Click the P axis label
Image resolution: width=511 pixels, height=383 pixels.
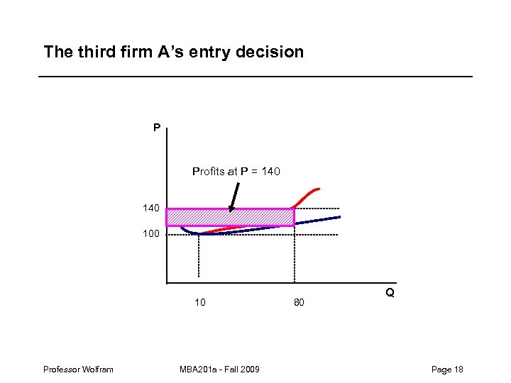click(x=156, y=128)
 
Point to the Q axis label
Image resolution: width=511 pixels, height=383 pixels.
click(x=390, y=292)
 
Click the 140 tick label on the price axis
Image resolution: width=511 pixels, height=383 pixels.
click(x=150, y=209)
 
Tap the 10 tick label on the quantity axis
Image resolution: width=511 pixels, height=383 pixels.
click(x=200, y=303)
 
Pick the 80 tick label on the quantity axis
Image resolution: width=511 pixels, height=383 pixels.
click(x=299, y=303)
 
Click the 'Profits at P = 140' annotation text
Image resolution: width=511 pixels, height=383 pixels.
click(x=236, y=171)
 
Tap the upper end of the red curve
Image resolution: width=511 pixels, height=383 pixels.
click(x=319, y=189)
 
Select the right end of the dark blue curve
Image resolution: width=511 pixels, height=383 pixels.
click(x=338, y=217)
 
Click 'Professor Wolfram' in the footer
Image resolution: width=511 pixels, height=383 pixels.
click(x=78, y=369)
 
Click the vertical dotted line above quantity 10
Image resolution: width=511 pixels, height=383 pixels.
click(x=199, y=255)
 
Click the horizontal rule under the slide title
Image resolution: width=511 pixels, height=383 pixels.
click(x=255, y=77)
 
